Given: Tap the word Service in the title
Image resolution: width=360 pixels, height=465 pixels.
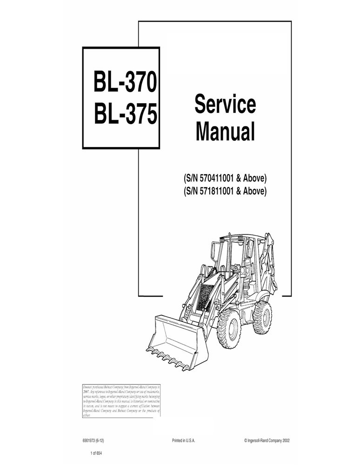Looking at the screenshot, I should click(225, 105).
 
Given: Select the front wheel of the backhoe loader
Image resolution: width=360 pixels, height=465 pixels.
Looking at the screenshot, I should click(228, 324).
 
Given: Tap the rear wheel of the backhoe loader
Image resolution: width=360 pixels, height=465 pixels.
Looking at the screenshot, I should click(262, 316).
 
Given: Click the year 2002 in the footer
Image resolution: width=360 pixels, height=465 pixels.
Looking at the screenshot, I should click(285, 440).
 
